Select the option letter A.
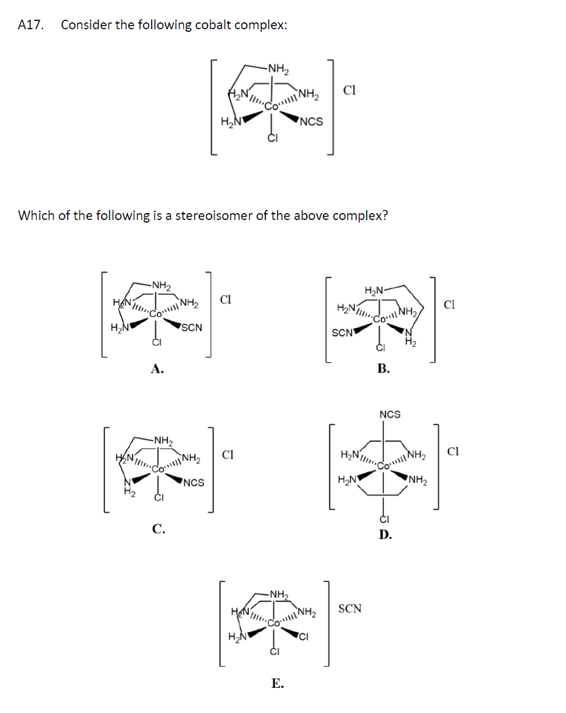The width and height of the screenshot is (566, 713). (158, 370)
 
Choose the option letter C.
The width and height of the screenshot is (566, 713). (159, 529)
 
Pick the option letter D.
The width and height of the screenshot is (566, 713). (385, 535)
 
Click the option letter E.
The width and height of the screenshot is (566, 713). (277, 684)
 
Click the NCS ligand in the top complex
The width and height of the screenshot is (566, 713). (310, 121)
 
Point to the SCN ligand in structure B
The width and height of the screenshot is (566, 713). (341, 332)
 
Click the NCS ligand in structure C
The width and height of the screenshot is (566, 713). (194, 483)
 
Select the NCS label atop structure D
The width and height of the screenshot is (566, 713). (390, 414)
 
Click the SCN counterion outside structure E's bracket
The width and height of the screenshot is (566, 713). (349, 609)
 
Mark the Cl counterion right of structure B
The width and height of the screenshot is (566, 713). (449, 304)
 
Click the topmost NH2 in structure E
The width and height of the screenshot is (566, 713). (278, 594)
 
